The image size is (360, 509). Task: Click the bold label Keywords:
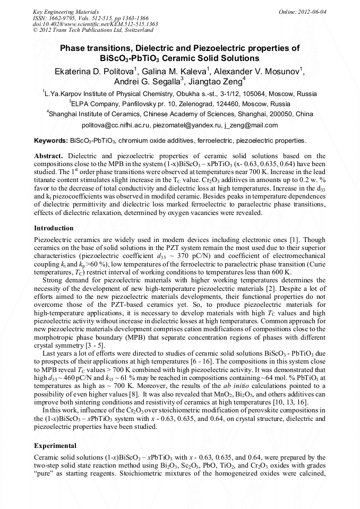click(x=51, y=141)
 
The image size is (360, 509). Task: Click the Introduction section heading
click(x=54, y=228)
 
